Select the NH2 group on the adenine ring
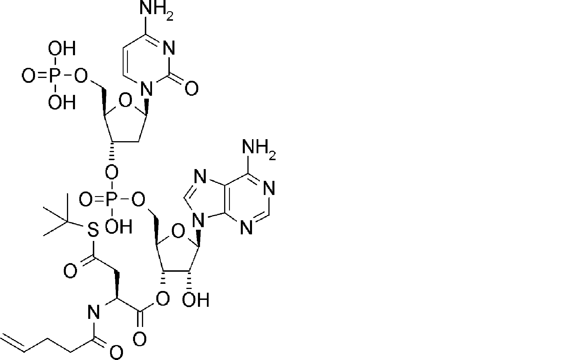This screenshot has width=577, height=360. [258, 147]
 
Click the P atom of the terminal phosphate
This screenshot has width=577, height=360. [54, 76]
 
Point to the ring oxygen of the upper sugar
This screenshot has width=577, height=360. [125, 101]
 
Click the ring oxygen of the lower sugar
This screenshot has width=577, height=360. [178, 231]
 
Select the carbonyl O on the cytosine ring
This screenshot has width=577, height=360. [191, 88]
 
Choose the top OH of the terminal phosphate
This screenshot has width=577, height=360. [61, 48]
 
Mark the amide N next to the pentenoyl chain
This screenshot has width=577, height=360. [93, 312]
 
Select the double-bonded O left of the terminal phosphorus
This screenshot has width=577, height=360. [28, 76]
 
